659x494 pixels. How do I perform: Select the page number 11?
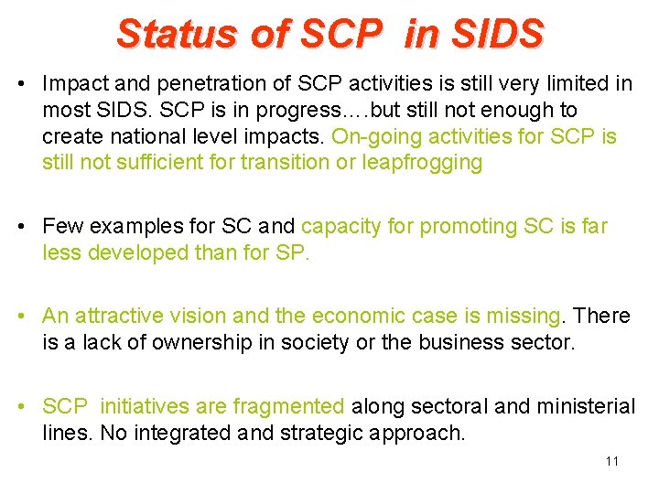611,461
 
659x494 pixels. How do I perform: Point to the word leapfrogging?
424,163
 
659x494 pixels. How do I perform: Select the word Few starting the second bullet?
61,226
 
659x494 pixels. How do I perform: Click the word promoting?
417,226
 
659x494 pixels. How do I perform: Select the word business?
462,342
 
